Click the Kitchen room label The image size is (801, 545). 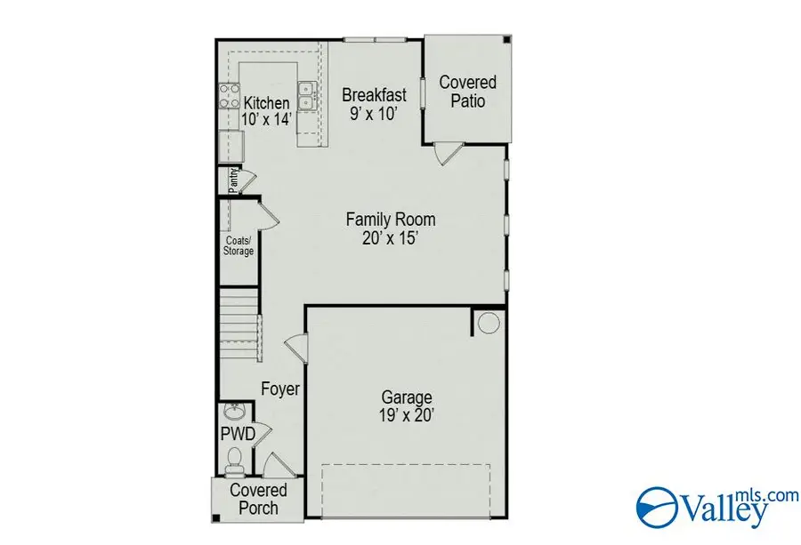coord(267,103)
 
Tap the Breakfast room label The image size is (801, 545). coord(374,94)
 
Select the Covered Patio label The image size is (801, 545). coord(467,92)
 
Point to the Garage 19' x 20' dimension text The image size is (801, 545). coord(407,414)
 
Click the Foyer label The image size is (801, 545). coord(279,389)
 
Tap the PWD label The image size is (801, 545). coord(238,434)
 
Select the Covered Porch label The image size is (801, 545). coord(258,500)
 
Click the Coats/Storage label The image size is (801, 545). coord(239,245)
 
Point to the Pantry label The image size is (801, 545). coord(232,180)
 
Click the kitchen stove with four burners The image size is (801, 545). coord(229,95)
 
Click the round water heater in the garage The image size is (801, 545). coord(489,324)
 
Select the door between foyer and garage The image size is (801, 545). coord(296,347)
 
